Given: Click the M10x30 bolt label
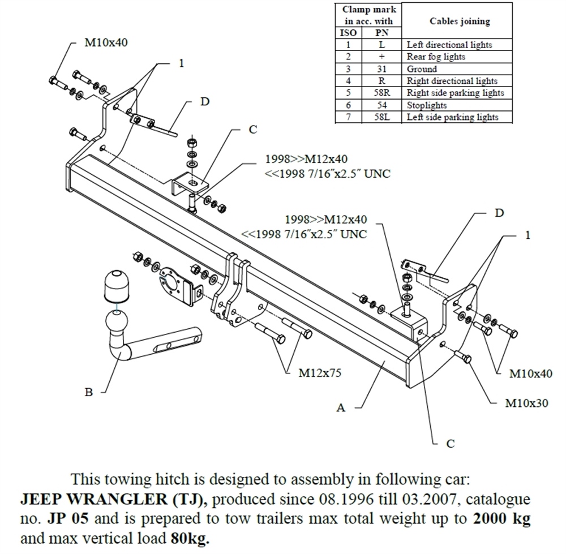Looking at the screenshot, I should point(526,404).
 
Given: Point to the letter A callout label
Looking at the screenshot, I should point(340,407).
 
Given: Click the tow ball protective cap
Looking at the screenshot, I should point(117,287).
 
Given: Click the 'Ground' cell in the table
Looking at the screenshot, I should point(422,69).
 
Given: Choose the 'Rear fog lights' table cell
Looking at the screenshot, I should point(436,57).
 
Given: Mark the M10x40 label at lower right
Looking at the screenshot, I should point(531,373).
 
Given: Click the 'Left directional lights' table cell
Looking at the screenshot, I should point(449,44).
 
